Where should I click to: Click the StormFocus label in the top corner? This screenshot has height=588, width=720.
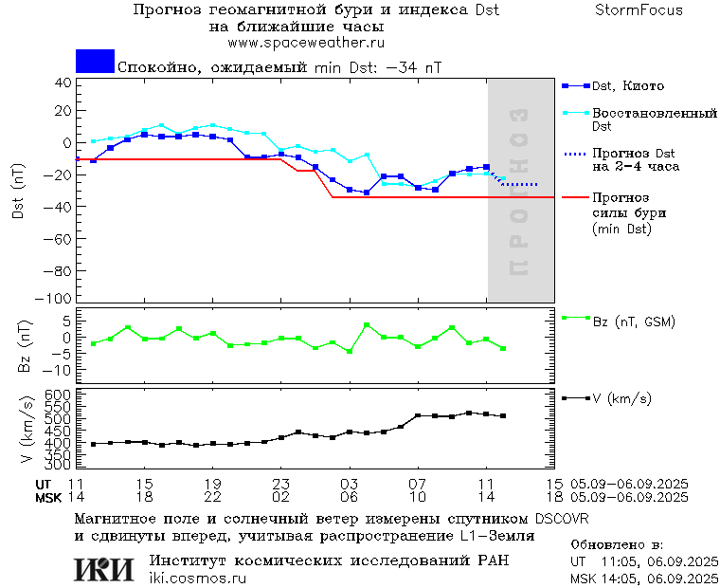pyautogui.click(x=639, y=10)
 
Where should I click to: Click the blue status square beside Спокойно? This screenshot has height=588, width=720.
pyautogui.click(x=95, y=62)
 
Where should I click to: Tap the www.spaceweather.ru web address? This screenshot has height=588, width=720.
pyautogui.click(x=306, y=43)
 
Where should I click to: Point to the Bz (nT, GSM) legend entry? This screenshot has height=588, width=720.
pyautogui.click(x=633, y=322)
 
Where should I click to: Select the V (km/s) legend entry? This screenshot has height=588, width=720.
pyautogui.click(x=621, y=399)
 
